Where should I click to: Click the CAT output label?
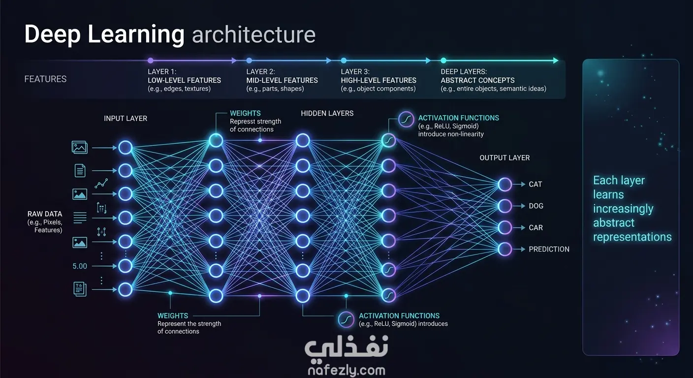coord(535,185)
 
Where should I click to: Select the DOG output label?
coord(536,206)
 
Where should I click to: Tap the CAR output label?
coord(535,228)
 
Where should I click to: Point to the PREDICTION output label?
coord(549,250)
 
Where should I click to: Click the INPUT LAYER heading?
coord(126,119)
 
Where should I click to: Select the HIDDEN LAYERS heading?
coord(327,113)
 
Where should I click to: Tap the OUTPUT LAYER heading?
coord(504,158)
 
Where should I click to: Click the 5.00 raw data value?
coord(80,266)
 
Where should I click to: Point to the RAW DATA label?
coord(45,214)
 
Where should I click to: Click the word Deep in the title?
coord(52,34)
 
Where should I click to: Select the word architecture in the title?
coord(253,34)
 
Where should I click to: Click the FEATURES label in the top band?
coord(45,79)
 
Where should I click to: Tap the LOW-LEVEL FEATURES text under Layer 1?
coord(184,80)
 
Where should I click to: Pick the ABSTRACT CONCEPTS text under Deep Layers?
coord(477,80)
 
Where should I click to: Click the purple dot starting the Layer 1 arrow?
coord(150,61)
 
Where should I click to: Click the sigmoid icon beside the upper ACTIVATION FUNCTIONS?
coord(406,120)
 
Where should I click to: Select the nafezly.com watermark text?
coord(346,370)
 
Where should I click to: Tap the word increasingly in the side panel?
coord(623,209)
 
